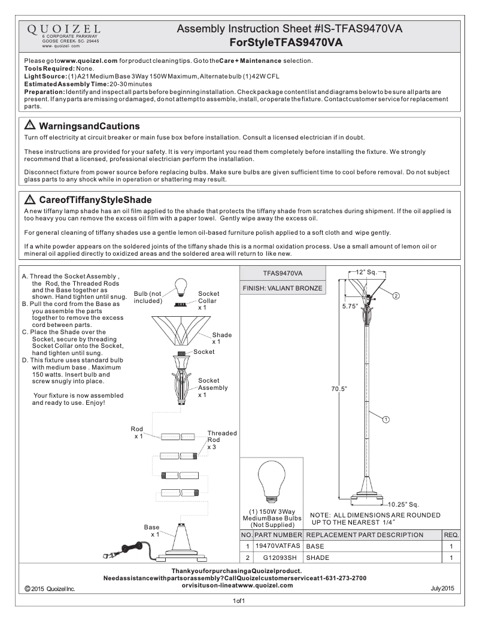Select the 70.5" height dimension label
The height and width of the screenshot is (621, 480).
[339, 389]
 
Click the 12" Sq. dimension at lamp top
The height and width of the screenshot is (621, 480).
[364, 273]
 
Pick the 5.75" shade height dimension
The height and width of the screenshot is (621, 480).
[350, 306]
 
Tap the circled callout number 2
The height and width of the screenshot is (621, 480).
[396, 295]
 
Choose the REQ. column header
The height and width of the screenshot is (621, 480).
[451, 535]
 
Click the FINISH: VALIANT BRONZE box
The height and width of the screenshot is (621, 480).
[282, 288]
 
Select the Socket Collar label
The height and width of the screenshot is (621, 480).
[209, 297]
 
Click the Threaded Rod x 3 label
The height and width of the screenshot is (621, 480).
[221, 440]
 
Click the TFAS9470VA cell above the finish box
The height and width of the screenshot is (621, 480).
[282, 273]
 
